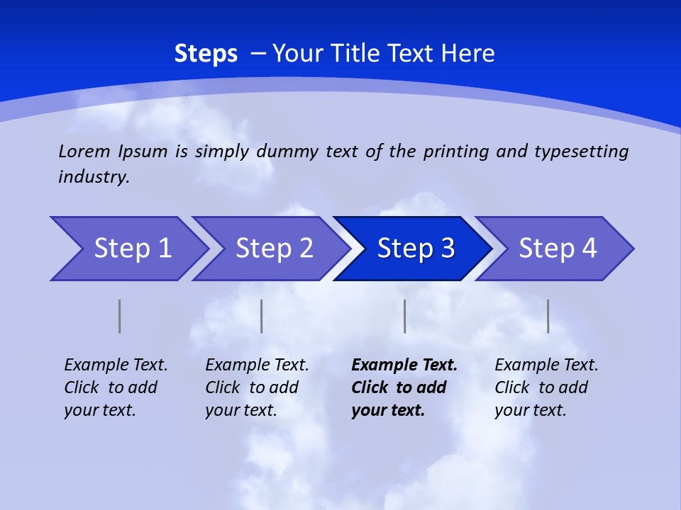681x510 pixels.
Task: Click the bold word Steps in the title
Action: coord(206,54)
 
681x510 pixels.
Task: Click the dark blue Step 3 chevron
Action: coord(416,249)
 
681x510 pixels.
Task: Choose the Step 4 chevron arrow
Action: coord(558,249)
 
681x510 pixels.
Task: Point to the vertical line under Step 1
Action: coord(119,316)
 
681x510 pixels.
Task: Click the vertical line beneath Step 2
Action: coord(261,316)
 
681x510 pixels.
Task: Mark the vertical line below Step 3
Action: coord(404,316)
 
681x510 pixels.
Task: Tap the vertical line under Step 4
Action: coord(548,316)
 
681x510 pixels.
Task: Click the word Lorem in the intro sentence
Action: coord(84,151)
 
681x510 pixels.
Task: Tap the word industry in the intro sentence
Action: coord(94,176)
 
